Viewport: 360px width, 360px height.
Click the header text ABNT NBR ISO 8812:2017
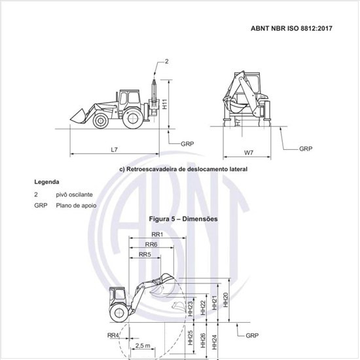point(291,28)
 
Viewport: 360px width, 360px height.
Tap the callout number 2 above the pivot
point(167,62)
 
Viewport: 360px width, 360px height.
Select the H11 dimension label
point(164,104)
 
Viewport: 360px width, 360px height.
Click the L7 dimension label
point(114,150)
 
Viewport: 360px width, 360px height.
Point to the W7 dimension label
point(249,153)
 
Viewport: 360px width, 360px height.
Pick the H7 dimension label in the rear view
point(239,122)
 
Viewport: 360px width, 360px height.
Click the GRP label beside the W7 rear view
point(306,149)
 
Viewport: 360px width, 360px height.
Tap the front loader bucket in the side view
point(78,116)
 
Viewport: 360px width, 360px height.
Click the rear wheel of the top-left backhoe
point(132,118)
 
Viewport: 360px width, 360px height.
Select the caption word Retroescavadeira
point(152,170)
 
